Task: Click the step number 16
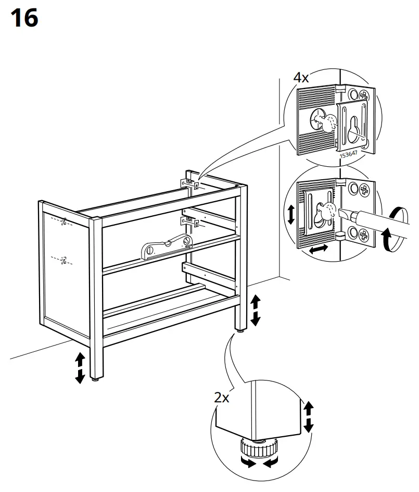click(24, 19)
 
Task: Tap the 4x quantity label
click(301, 78)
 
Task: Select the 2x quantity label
click(222, 398)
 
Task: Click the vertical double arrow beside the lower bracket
click(290, 215)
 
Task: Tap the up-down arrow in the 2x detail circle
click(309, 417)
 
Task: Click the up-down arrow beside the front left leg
click(80, 367)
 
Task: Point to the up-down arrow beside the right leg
click(256, 310)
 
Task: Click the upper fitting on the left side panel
click(64, 223)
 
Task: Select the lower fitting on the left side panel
click(64, 260)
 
